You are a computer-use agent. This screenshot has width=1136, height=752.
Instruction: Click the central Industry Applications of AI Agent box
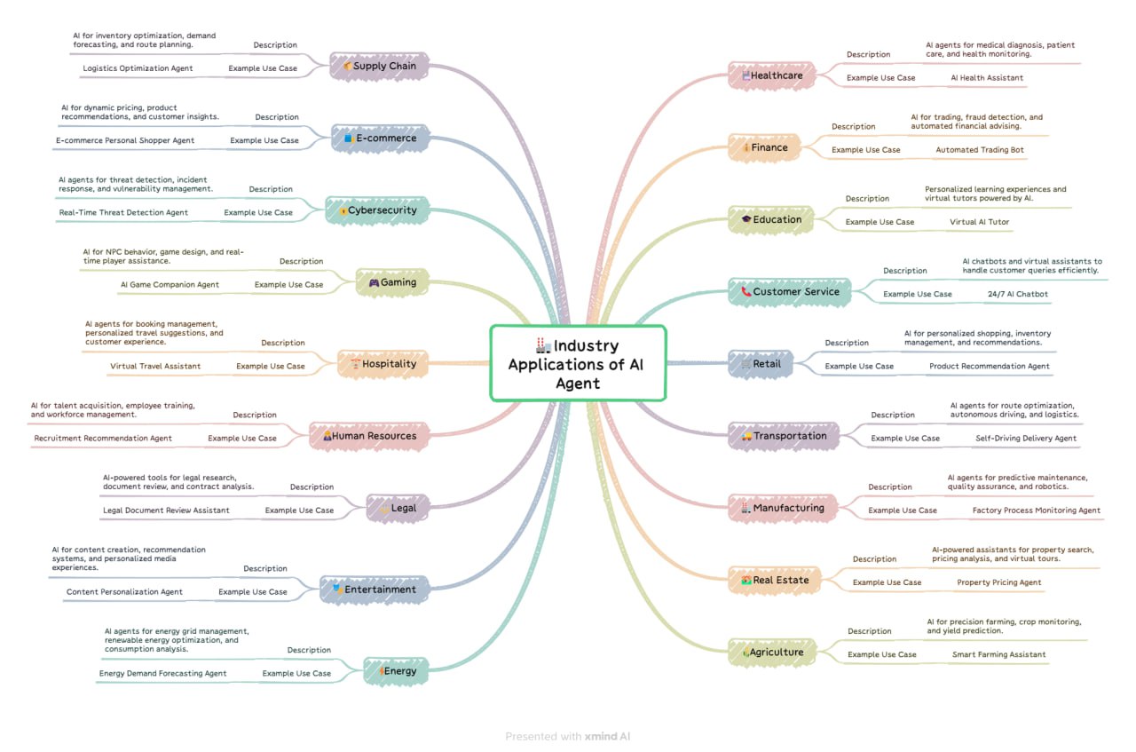coord(578,363)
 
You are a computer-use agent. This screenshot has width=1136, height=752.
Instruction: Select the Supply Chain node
coord(380,66)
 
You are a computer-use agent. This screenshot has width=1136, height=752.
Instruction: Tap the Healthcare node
coord(770,75)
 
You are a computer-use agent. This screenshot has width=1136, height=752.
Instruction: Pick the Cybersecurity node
coord(377,210)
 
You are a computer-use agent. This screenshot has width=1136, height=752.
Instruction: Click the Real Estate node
coord(774,580)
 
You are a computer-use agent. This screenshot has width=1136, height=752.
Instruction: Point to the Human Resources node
coord(368,436)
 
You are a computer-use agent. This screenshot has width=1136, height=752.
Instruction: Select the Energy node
coord(396,670)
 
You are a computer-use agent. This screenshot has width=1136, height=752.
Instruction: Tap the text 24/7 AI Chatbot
coord(1017,294)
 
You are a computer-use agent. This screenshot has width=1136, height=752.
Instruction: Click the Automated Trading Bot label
coord(980,150)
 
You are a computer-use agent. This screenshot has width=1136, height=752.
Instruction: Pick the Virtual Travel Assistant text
coord(155,366)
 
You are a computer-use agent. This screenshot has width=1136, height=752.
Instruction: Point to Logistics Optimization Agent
coord(138,68)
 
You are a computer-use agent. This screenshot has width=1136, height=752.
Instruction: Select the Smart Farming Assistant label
coord(998,654)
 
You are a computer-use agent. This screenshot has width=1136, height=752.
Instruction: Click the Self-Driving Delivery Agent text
coord(1025,438)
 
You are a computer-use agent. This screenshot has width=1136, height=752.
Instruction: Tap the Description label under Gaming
coord(301,261)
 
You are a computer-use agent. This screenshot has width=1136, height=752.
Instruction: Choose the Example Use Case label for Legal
coord(299,511)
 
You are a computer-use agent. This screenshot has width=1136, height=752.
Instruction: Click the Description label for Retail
coord(847,343)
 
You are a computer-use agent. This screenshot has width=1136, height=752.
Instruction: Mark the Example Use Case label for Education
coord(880,222)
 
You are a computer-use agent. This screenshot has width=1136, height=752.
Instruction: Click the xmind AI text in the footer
coord(608,736)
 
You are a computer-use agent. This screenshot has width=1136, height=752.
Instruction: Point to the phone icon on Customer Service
coord(745,291)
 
